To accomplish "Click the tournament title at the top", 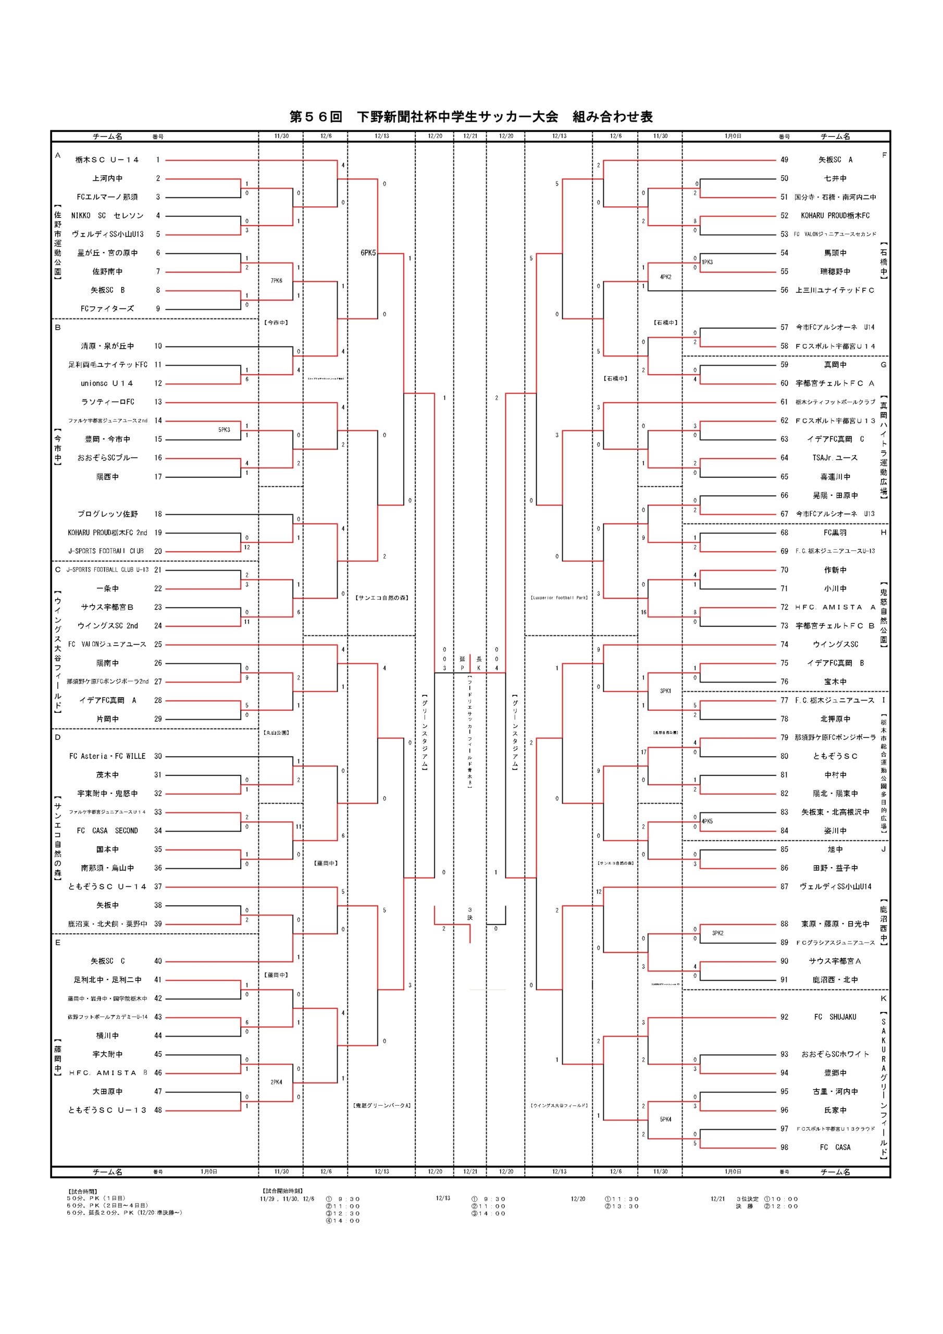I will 470,117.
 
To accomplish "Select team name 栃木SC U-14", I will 107,160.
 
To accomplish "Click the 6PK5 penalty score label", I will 368,253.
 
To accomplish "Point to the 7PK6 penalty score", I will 277,281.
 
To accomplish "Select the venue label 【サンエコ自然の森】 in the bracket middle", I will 382,597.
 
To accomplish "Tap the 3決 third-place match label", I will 470,913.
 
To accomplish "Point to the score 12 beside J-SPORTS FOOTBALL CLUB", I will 247,547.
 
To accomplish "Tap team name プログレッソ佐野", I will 107,514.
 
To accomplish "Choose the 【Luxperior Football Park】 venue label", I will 559,597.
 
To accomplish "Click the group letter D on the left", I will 57,737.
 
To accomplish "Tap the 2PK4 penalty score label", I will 277,1082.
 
